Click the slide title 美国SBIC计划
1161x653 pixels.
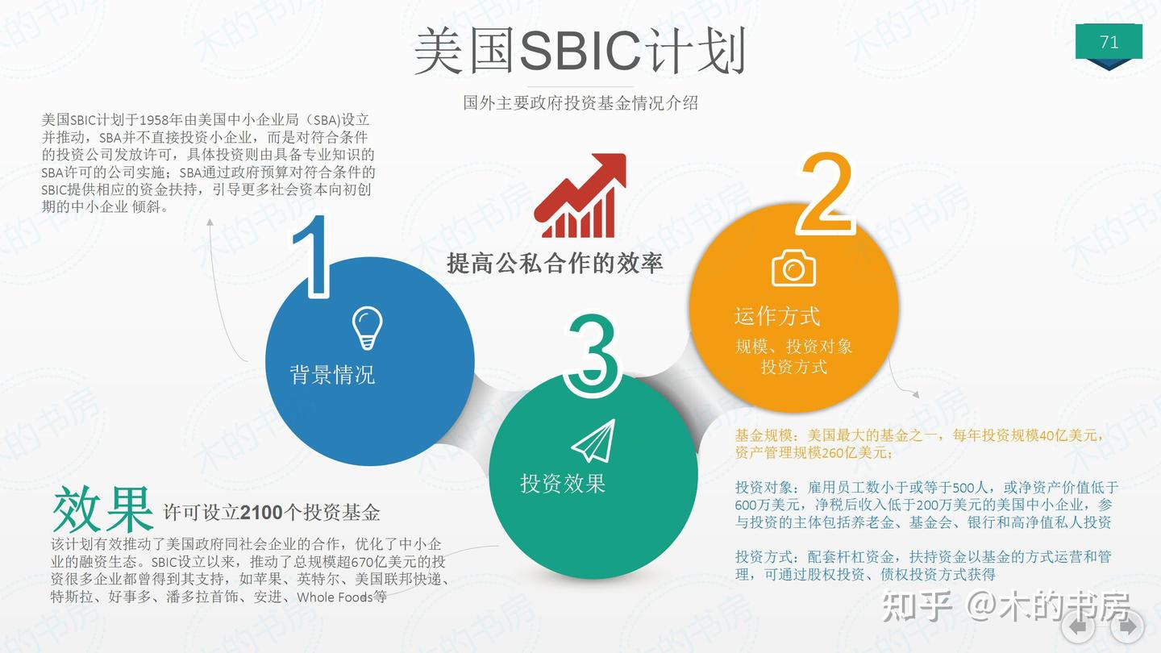(580, 52)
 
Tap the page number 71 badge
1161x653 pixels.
(1109, 42)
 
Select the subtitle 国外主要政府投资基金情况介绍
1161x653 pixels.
(580, 102)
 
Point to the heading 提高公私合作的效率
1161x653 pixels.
(555, 263)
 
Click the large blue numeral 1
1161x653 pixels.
(313, 256)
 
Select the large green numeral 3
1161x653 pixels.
(593, 356)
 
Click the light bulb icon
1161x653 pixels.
(367, 327)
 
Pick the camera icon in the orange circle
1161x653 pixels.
(793, 268)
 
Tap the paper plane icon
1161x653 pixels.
(593, 441)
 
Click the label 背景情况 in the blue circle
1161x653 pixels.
(332, 375)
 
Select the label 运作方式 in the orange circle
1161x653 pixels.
(776, 316)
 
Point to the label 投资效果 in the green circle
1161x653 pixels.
(562, 484)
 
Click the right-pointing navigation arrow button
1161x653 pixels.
(1126, 626)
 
